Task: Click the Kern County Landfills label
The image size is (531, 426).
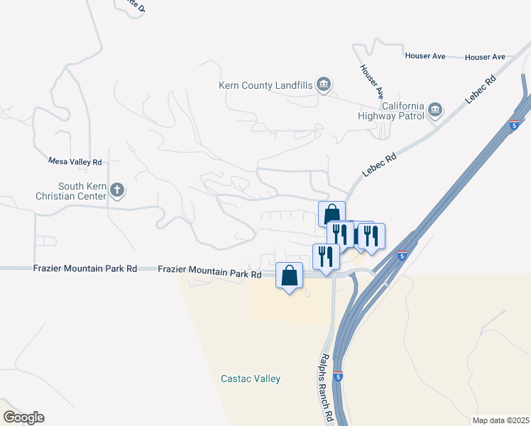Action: click(x=265, y=86)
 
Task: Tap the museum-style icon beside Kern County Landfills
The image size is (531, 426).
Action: click(x=324, y=85)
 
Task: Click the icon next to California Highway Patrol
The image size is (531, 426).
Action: click(x=435, y=111)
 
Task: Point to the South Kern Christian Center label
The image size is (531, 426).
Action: click(x=72, y=192)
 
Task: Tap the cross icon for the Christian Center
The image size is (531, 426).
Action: click(x=118, y=190)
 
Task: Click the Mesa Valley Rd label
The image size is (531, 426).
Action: click(x=75, y=162)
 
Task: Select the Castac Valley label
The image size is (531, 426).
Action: click(x=251, y=379)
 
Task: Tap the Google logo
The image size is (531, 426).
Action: click(x=23, y=417)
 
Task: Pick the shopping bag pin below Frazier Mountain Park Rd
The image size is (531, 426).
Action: click(x=290, y=275)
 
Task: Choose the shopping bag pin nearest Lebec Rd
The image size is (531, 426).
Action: click(x=332, y=214)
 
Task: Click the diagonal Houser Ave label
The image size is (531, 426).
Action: click(x=371, y=81)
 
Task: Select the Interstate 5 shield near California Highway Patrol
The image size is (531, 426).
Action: click(x=513, y=125)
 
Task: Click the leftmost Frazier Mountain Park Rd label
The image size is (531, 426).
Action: click(x=84, y=269)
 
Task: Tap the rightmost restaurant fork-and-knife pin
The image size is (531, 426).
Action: click(x=371, y=235)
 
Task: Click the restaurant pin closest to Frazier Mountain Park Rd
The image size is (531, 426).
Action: click(x=326, y=256)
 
